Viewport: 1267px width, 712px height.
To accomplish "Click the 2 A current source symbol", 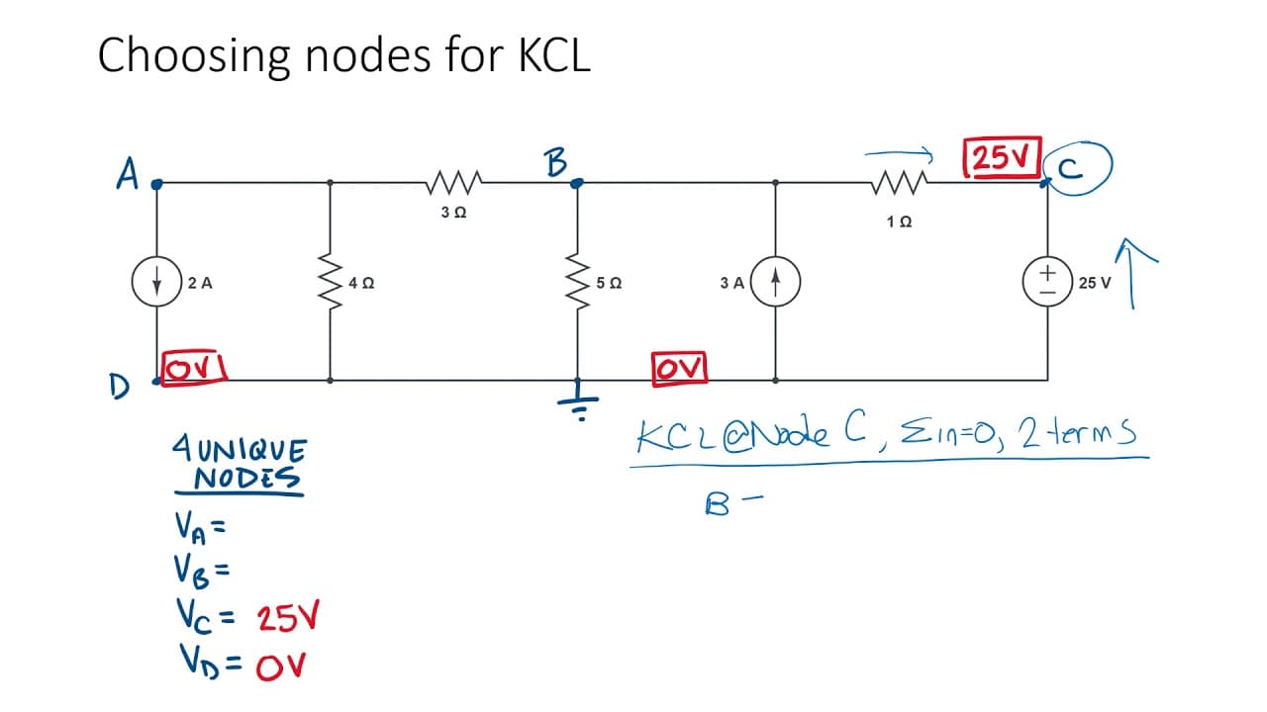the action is (x=156, y=282).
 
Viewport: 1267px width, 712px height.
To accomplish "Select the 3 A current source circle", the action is (x=775, y=282).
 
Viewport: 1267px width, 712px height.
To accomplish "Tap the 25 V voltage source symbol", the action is (x=1047, y=282).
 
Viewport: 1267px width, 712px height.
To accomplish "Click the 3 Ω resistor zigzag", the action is (x=453, y=182).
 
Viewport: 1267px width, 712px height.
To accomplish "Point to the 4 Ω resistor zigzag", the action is (x=331, y=282).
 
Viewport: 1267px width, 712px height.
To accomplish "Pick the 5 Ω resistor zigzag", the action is (x=577, y=282).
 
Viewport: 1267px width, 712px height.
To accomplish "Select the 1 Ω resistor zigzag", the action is (x=899, y=182).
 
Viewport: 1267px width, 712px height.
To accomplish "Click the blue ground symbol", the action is (x=578, y=401).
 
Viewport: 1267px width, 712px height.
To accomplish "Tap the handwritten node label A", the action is (x=128, y=173).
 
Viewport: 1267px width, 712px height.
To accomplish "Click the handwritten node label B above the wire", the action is (x=556, y=163).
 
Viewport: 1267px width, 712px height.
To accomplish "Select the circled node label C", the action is (x=1078, y=168).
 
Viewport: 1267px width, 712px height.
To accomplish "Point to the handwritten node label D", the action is (x=120, y=387).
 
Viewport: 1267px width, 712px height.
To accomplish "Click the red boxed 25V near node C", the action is (x=1003, y=157).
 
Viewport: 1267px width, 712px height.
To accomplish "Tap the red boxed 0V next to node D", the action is (x=194, y=369).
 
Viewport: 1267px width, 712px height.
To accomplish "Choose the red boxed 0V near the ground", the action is (x=679, y=369).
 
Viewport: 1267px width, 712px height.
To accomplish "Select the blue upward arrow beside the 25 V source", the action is (x=1132, y=274).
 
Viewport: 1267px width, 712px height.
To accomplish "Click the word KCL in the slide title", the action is (x=554, y=54).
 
